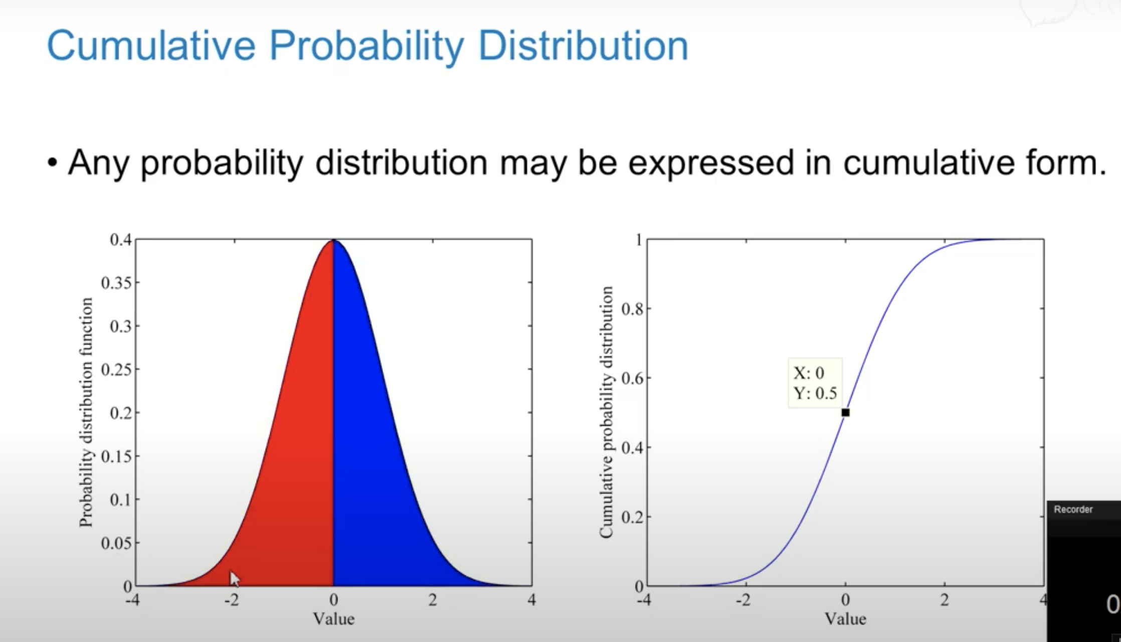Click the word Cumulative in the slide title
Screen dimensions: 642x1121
tap(150, 46)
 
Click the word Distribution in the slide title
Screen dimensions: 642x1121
tap(583, 46)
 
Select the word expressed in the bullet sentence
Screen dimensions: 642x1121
tap(711, 163)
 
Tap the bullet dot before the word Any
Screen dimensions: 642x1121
tap(52, 164)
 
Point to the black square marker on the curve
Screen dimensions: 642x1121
tap(845, 413)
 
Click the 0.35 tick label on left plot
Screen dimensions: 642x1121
tap(116, 283)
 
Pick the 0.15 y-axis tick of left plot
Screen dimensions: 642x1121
tap(116, 456)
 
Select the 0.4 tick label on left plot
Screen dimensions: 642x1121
tap(120, 240)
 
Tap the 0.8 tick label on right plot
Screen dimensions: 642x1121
tap(632, 309)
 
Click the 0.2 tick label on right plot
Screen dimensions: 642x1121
tap(632, 517)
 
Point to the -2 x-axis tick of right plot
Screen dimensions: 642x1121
tap(743, 600)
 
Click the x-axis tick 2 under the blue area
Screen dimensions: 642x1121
tap(432, 600)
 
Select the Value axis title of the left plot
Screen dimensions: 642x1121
tap(333, 619)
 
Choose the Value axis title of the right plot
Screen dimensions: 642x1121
tap(845, 619)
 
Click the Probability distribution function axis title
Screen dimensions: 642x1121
tap(86, 412)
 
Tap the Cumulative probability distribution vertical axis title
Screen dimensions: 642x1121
tap(607, 412)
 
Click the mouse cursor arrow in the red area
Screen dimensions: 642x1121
tap(234, 579)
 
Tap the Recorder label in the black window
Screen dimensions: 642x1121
tap(1073, 510)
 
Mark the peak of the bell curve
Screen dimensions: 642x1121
tap(333, 241)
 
